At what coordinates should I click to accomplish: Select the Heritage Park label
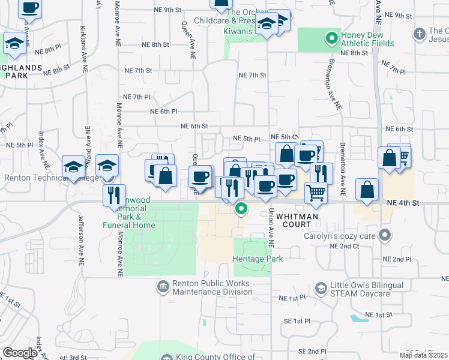[258, 259]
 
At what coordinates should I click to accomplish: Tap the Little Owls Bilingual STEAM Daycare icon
[321, 289]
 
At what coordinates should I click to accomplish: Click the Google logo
[20, 353]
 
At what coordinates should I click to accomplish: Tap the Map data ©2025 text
[423, 355]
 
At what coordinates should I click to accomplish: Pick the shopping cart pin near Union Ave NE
[316, 192]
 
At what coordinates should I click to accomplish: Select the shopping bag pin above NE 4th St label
[366, 190]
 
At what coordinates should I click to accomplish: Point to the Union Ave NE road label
[271, 229]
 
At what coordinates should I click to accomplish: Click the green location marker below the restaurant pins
[241, 209]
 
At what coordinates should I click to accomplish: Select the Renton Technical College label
[42, 178]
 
